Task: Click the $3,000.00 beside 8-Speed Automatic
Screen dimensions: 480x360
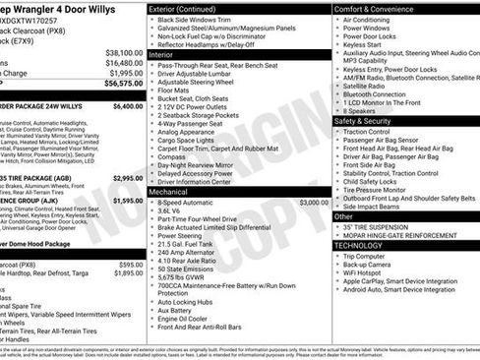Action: (x=313, y=202)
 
